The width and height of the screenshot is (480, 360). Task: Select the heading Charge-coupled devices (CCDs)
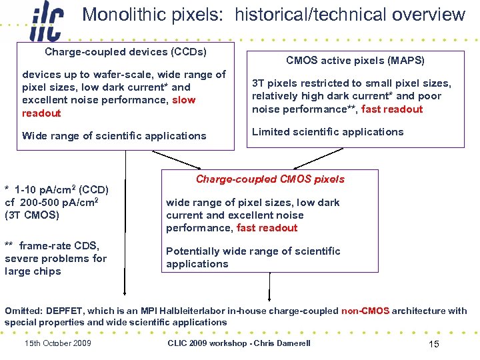[125, 51]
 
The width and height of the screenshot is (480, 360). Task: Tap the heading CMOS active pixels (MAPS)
[355, 61]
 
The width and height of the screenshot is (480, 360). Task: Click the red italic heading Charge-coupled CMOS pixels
[270, 179]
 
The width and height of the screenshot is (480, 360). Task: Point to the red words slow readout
[107, 107]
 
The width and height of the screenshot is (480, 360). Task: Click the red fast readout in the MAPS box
[392, 109]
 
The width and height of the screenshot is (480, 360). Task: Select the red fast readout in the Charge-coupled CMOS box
[267, 227]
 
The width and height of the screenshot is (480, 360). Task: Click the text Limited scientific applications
[327, 131]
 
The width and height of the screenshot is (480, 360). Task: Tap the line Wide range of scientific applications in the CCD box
[114, 135]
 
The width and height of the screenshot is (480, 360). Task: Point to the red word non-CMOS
[365, 311]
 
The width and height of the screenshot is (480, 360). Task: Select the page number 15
[433, 343]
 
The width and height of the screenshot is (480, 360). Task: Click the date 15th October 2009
[58, 343]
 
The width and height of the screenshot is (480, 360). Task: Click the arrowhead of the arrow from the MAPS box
[295, 167]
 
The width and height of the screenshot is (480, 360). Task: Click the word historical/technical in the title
[301, 15]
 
